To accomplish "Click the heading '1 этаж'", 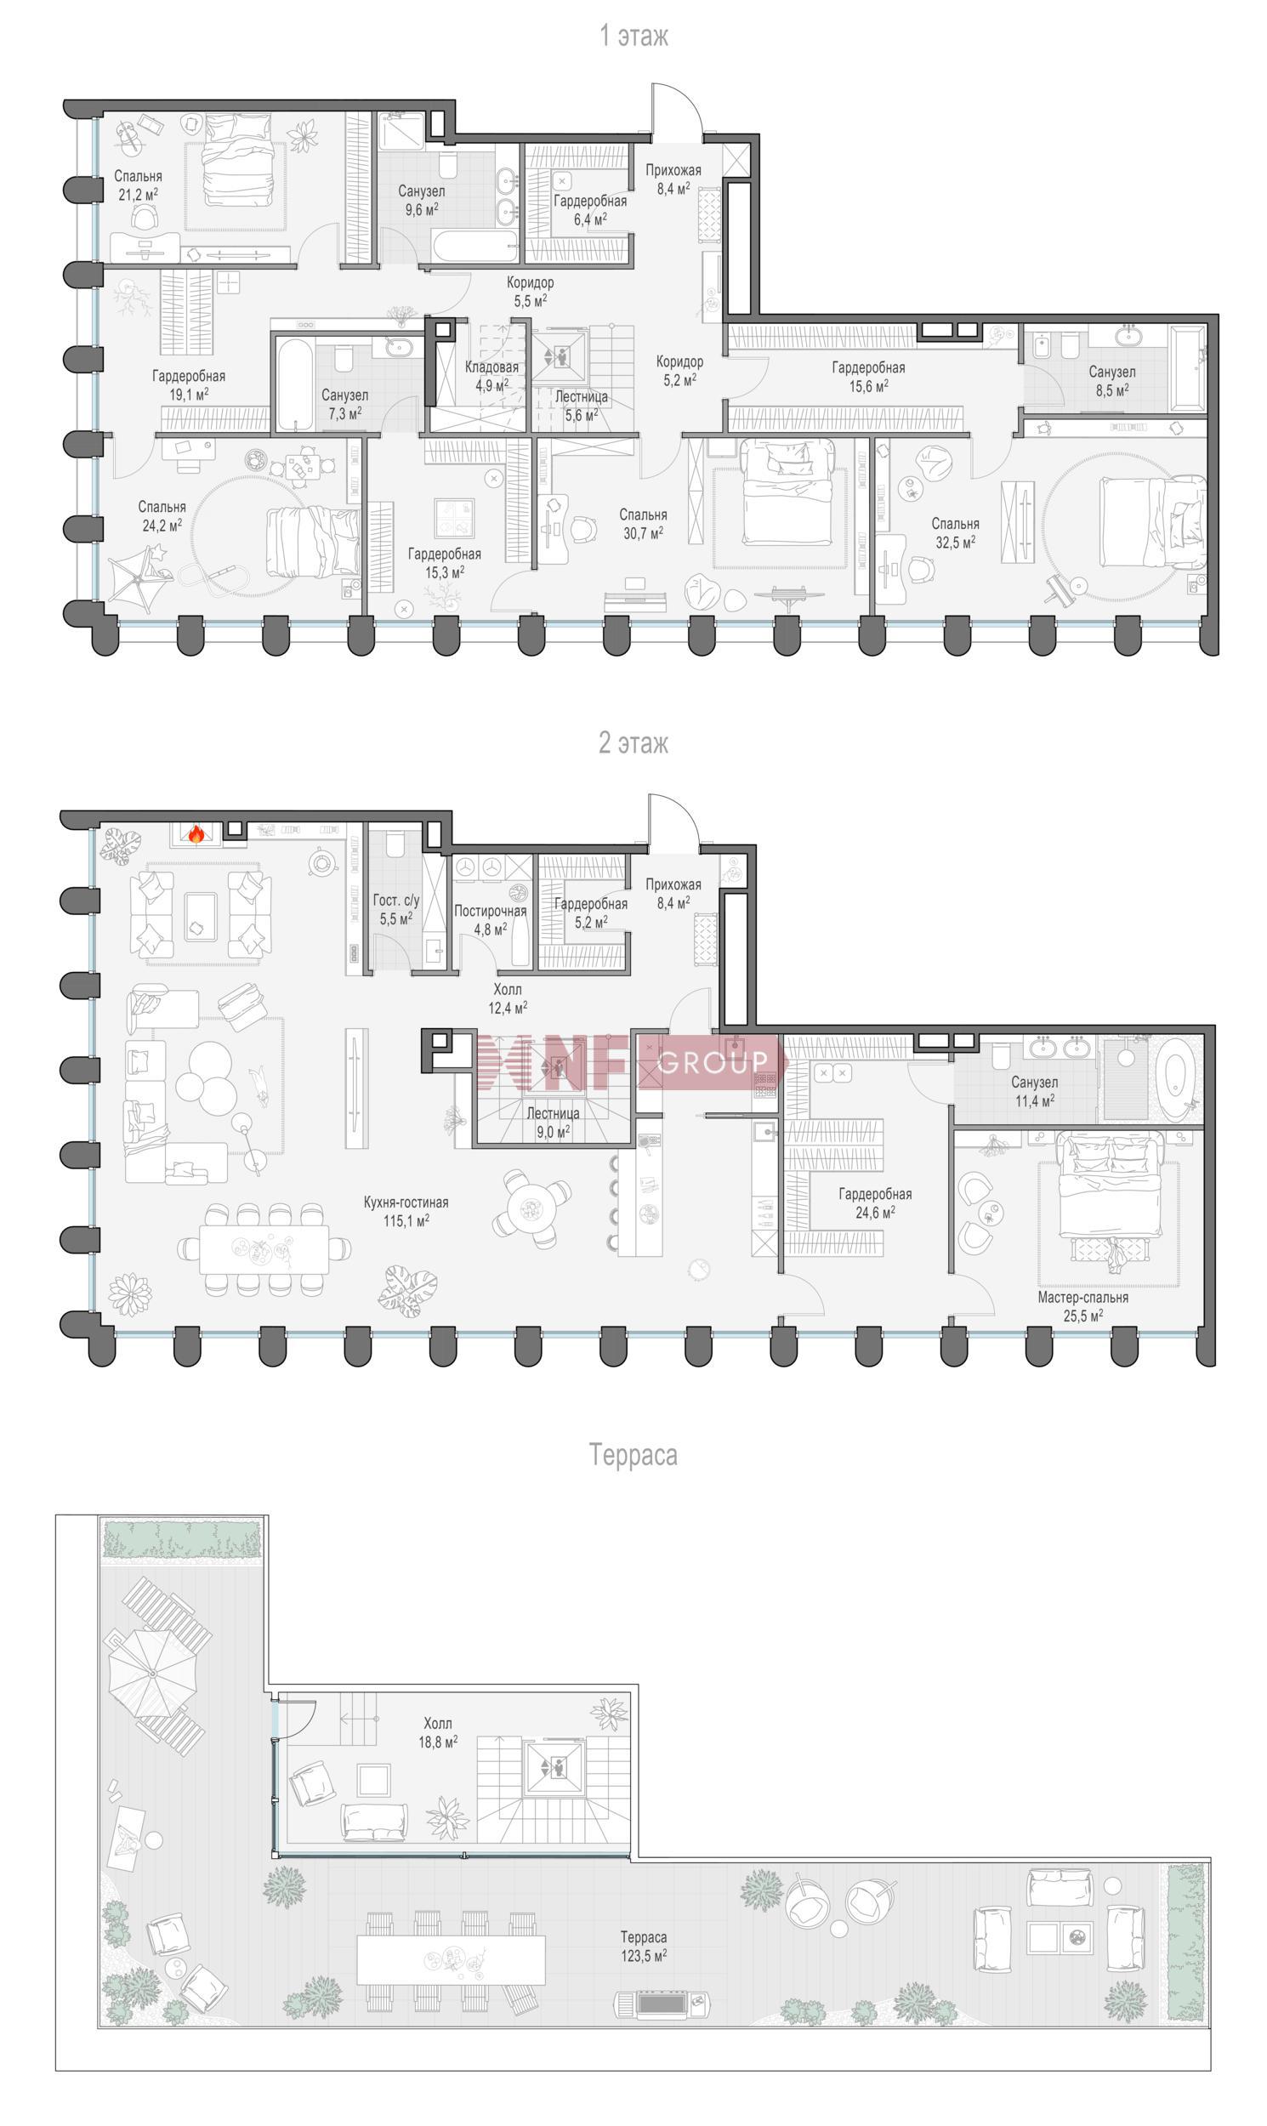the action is click(x=633, y=36).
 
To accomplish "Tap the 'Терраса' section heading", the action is click(x=633, y=1454).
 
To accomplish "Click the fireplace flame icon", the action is click(x=196, y=834).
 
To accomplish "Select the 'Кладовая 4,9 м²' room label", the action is click(x=491, y=376).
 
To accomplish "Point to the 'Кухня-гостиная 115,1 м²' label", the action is click(x=406, y=1212).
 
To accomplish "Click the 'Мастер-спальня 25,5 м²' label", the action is click(x=1082, y=1306).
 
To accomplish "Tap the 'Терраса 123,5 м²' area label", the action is click(x=644, y=1947).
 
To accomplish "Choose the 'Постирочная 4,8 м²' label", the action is click(x=490, y=919).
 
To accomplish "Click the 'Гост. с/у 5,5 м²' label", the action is click(x=396, y=909).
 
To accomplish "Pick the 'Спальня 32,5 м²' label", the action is click(x=956, y=533).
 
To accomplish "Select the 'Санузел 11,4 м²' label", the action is click(x=1034, y=1091).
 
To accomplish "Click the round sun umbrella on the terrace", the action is click(x=153, y=1674).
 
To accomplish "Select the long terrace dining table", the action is click(x=451, y=1959).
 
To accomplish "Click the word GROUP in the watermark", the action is click(x=713, y=1061).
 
